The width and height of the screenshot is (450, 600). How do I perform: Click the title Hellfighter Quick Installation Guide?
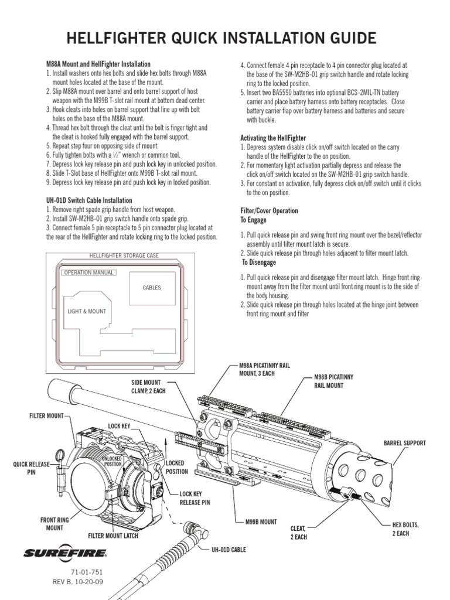click(x=221, y=39)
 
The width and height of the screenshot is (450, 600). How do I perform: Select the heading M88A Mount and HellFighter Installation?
click(x=98, y=63)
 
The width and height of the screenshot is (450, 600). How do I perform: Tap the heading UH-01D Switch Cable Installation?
click(x=88, y=200)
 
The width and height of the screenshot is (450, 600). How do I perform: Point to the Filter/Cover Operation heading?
click(x=269, y=210)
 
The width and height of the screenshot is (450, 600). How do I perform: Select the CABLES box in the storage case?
click(x=151, y=288)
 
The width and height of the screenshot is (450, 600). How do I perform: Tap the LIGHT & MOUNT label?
click(x=87, y=312)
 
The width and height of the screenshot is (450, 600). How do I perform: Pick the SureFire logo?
click(x=65, y=552)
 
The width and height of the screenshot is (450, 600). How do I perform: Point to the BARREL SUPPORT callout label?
click(x=404, y=443)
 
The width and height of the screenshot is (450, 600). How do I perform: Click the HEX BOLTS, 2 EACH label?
click(x=405, y=529)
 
